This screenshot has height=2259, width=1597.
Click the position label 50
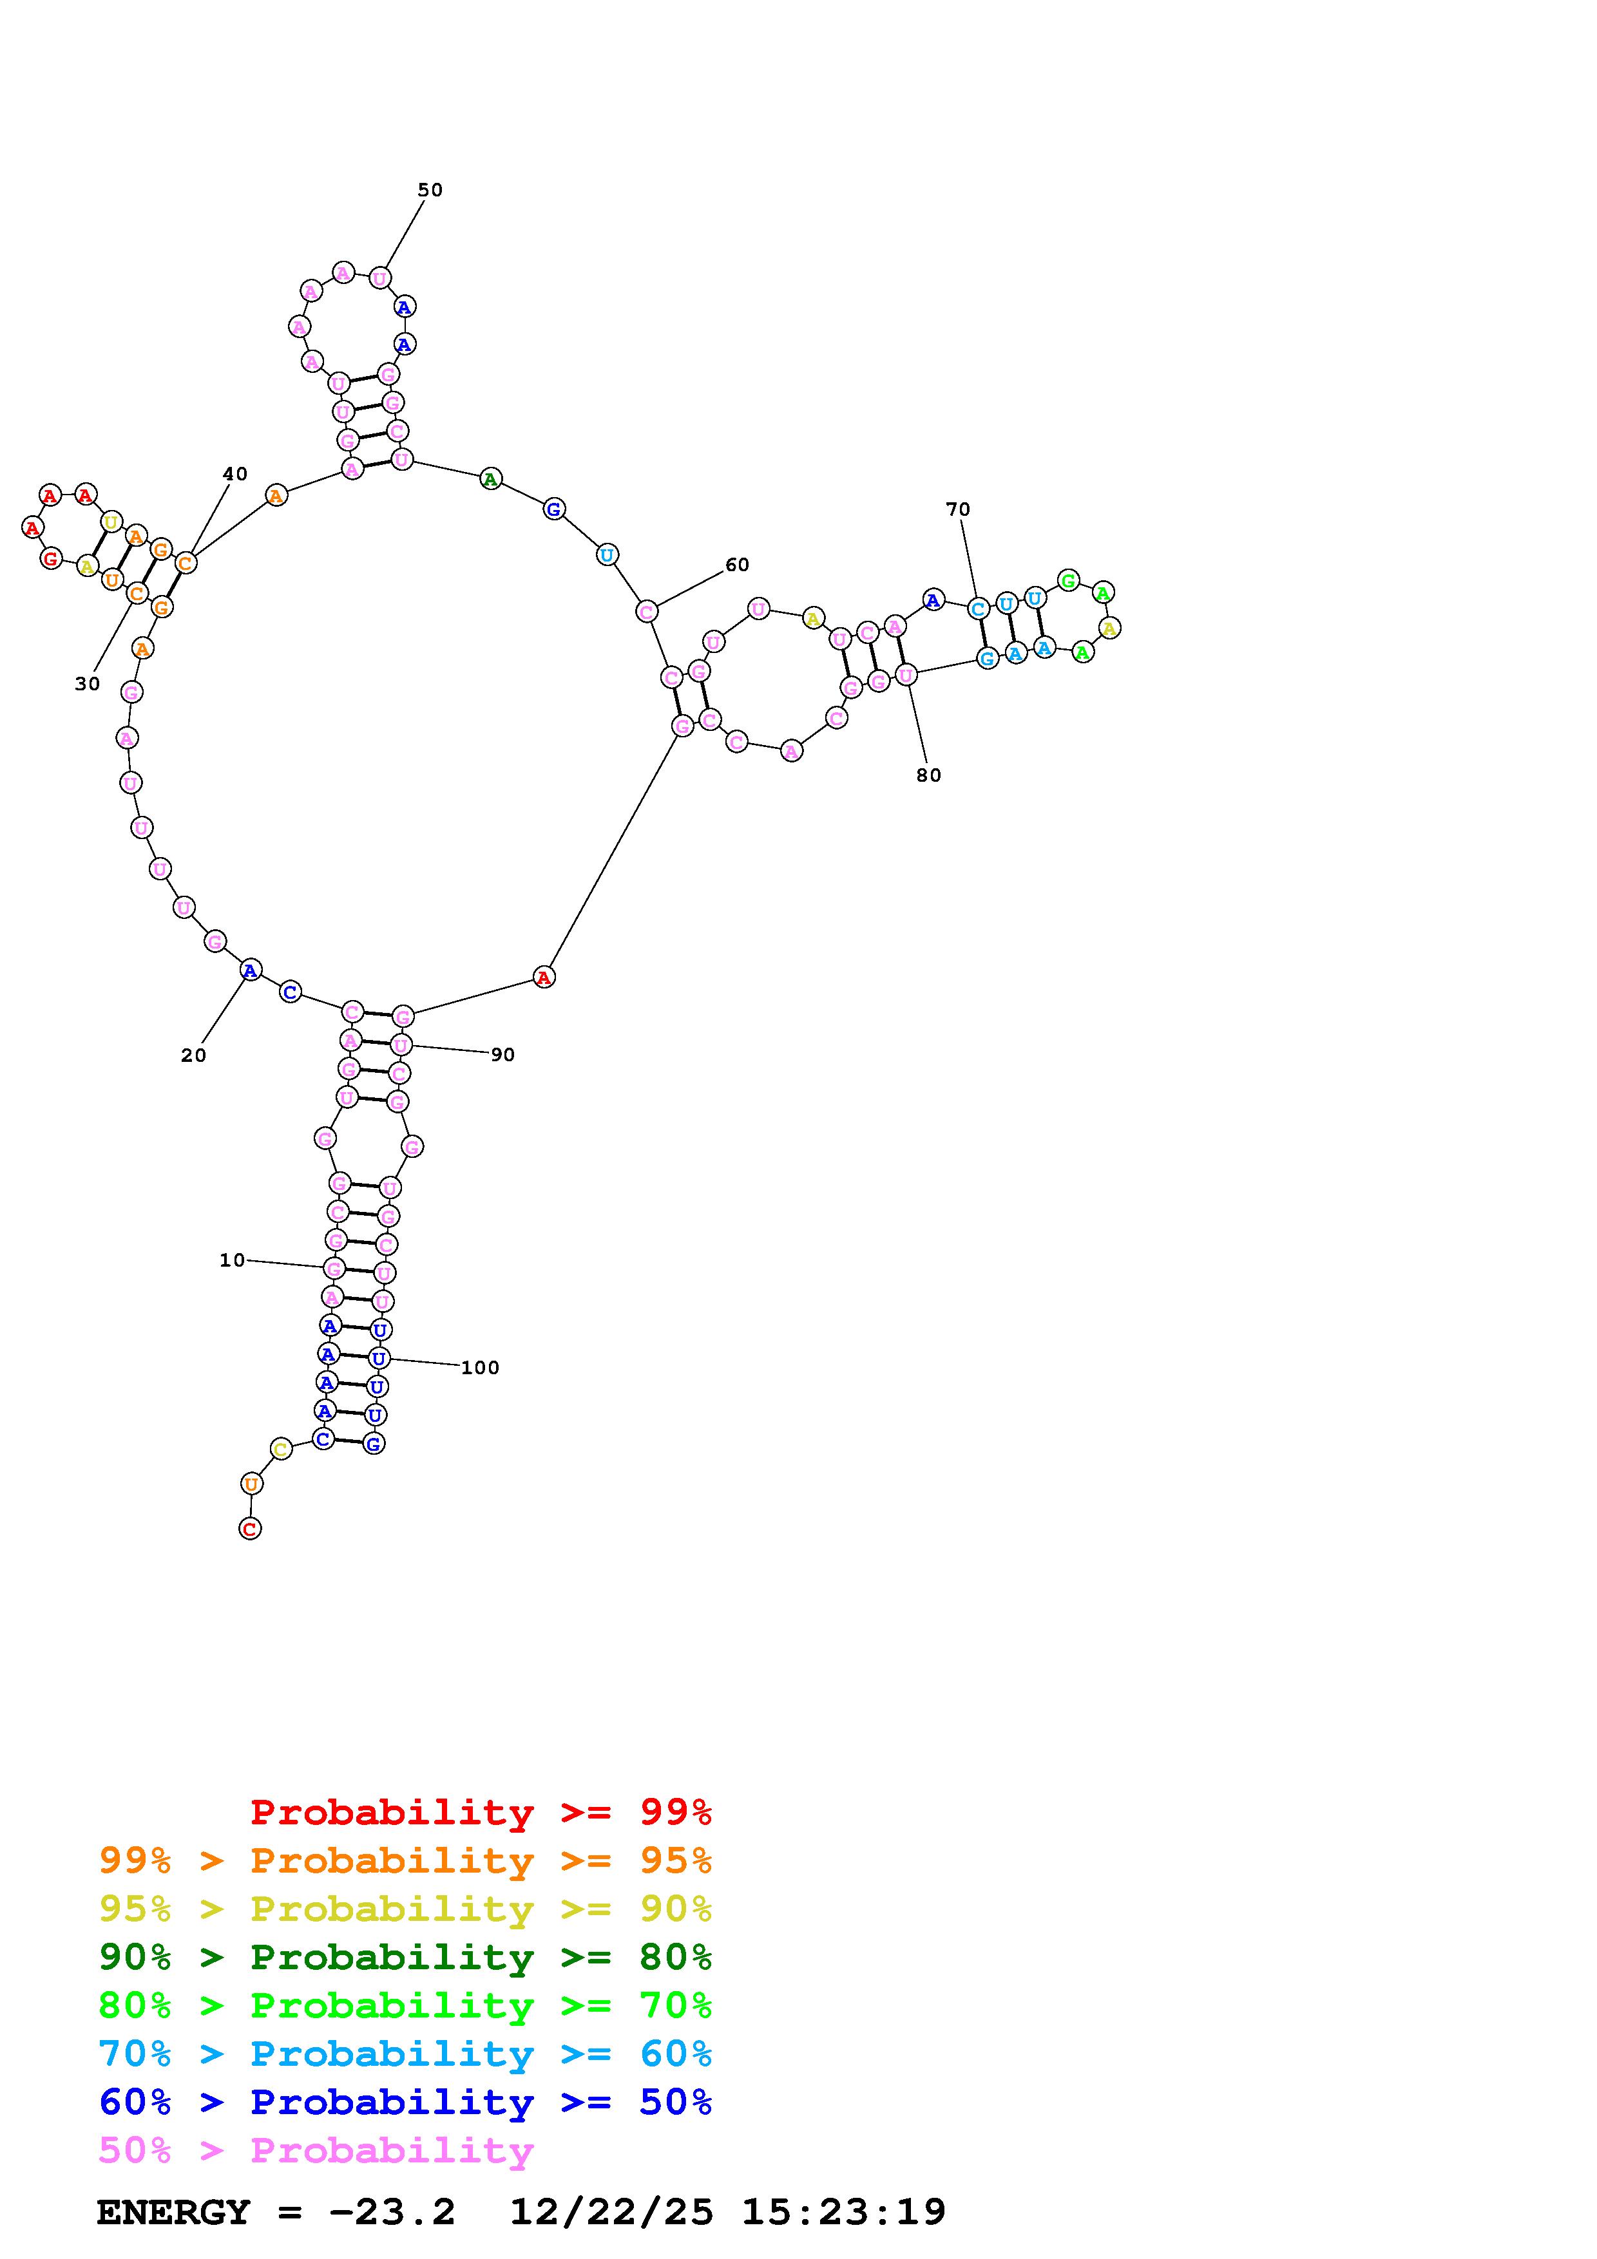point(430,190)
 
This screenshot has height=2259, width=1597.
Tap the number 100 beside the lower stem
point(480,1368)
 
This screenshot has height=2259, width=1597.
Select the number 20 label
point(194,1055)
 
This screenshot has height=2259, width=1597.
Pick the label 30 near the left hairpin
point(88,684)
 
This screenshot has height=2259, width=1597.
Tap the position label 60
point(737,565)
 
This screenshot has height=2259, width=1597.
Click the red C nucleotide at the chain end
point(250,1528)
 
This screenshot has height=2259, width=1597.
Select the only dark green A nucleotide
point(490,479)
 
